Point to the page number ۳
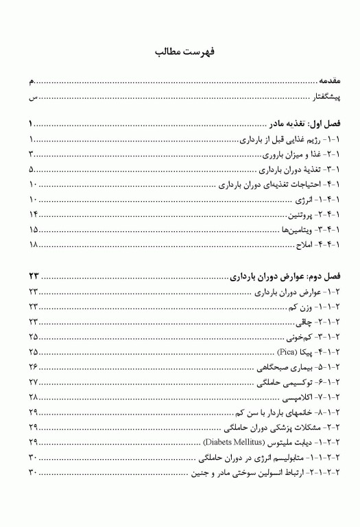[32, 155]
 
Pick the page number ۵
[32, 170]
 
